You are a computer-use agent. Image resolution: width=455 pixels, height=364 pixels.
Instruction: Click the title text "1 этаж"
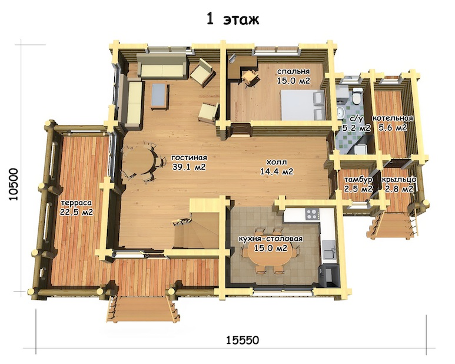[233, 19]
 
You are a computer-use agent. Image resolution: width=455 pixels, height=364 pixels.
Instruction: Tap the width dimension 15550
[243, 340]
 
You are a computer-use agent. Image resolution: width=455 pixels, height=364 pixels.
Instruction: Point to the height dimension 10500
[14, 184]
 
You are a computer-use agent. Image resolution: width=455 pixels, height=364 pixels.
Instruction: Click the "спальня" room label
[293, 71]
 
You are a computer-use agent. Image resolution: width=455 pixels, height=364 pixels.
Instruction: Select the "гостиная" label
[189, 158]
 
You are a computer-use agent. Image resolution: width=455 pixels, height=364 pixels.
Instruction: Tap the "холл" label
[277, 162]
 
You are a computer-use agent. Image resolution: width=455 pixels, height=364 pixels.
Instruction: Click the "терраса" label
[77, 203]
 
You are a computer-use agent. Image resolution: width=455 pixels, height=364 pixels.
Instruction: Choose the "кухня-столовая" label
[270, 239]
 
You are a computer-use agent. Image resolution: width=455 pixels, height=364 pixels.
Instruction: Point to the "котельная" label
[393, 118]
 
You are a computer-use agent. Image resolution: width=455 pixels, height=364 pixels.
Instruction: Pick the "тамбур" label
[358, 180]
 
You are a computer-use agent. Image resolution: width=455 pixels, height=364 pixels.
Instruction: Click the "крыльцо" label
[399, 180]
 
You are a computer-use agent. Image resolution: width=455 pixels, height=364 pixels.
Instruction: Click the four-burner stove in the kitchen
[312, 214]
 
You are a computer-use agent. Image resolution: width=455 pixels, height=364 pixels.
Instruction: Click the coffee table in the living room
[160, 96]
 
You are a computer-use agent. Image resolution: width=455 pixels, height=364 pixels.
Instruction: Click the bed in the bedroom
[303, 105]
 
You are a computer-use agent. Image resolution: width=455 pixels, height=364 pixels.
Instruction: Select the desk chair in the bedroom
[250, 77]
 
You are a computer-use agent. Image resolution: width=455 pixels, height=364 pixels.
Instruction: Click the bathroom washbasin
[340, 112]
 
